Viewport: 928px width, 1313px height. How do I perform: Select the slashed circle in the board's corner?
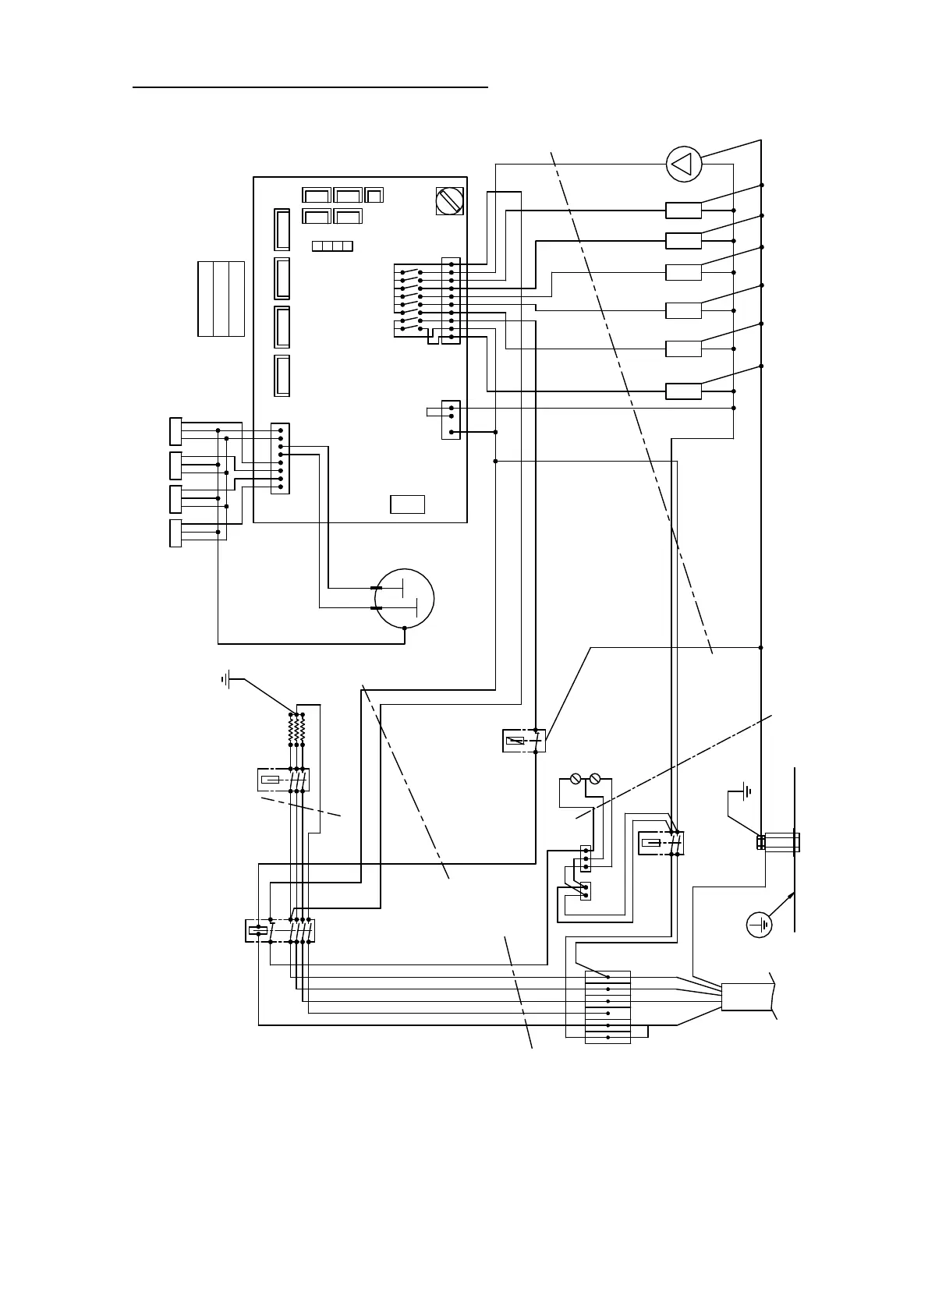click(x=449, y=201)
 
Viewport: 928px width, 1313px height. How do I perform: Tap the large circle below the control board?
click(x=404, y=598)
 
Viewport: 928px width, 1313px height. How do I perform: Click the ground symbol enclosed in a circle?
click(x=759, y=925)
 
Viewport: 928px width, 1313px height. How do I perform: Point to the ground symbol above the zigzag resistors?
click(x=226, y=680)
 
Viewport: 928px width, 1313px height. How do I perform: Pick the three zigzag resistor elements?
click(x=297, y=730)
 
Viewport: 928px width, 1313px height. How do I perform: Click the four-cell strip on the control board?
click(x=332, y=246)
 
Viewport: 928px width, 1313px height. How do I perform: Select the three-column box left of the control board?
click(x=221, y=299)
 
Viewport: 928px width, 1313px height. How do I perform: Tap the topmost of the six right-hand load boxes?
click(x=683, y=211)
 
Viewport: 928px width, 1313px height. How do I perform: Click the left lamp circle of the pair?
click(x=576, y=778)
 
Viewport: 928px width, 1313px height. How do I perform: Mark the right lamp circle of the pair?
click(x=596, y=778)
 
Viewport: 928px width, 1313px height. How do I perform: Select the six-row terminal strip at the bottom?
click(x=607, y=1007)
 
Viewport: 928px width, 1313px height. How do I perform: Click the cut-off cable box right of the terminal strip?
click(x=747, y=997)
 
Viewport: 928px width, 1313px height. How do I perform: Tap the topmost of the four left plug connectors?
click(x=175, y=431)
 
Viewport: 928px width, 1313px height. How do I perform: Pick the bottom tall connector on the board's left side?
click(x=282, y=376)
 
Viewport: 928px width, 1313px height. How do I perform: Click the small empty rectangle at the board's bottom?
click(x=407, y=504)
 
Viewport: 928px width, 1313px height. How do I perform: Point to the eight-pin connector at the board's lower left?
click(x=280, y=458)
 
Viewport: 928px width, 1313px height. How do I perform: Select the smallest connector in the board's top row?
click(x=374, y=195)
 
